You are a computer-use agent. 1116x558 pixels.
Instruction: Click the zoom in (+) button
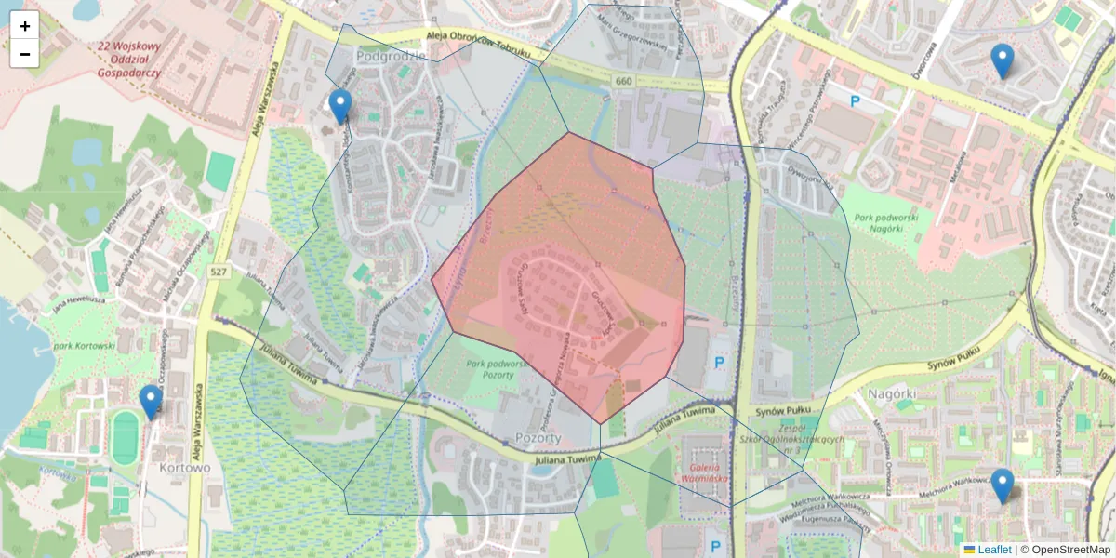(25, 26)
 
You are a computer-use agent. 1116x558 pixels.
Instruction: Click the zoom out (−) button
(25, 54)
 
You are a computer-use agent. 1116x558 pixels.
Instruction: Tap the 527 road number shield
(219, 272)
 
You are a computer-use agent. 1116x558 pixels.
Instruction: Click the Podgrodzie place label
(391, 56)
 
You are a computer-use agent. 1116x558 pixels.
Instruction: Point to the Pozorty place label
(537, 437)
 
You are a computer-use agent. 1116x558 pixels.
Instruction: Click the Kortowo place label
(185, 467)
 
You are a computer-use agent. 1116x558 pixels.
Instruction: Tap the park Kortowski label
(84, 345)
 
